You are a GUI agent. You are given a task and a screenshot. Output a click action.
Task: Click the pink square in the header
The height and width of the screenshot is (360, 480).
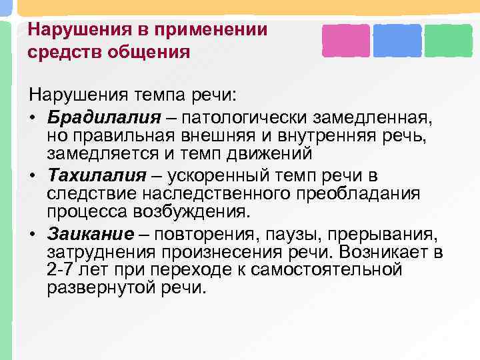[x=345, y=40]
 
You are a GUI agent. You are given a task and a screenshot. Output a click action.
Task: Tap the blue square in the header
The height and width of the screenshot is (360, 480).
[x=397, y=40]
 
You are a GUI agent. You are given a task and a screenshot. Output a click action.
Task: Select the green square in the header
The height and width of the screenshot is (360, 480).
[x=448, y=40]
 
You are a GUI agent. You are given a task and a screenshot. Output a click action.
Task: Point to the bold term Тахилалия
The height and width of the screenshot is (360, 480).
[x=96, y=175]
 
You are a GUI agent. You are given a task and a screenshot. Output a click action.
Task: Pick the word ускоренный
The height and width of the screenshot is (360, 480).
[x=213, y=175]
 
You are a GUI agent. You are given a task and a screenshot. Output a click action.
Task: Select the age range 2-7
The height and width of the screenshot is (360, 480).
[x=63, y=270]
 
